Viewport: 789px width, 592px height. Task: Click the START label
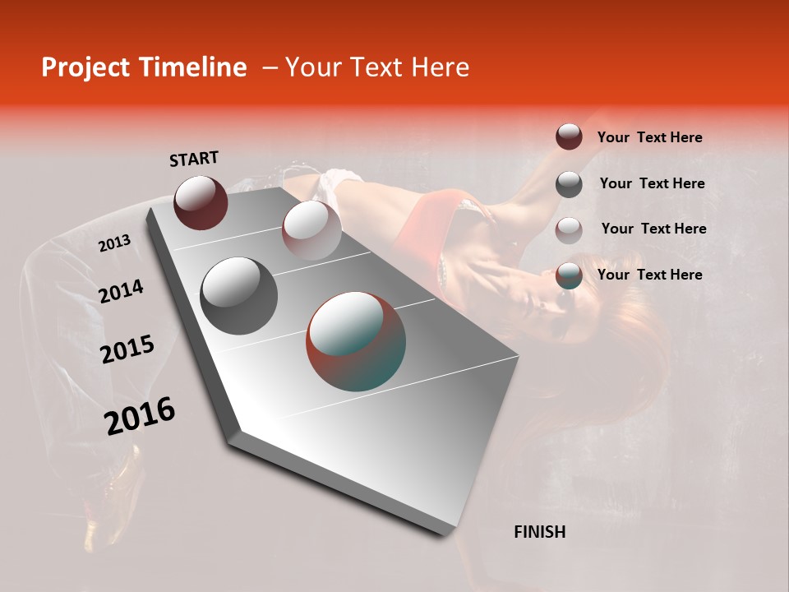[194, 159]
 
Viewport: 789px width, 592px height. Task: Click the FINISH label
[539, 532]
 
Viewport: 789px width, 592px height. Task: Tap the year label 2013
[114, 243]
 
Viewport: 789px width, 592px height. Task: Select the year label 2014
[121, 291]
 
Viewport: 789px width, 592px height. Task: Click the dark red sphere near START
[201, 202]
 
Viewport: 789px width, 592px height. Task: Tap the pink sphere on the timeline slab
[311, 229]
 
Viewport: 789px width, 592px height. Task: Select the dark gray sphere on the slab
[239, 296]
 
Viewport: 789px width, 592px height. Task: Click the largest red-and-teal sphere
[356, 341]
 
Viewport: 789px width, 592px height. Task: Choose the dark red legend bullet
[569, 137]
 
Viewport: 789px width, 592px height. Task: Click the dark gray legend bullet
[569, 183]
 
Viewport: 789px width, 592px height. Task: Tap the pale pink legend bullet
[569, 229]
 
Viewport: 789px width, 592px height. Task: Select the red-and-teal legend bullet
[569, 275]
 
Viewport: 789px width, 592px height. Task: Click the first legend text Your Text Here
[649, 137]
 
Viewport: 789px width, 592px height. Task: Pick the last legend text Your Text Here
[649, 275]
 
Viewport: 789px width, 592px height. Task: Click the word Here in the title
[440, 67]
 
